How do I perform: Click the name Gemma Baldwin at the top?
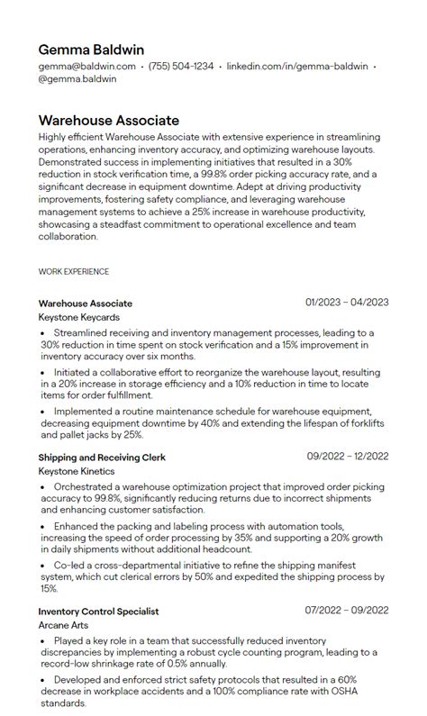coord(91,50)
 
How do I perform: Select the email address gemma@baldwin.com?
coord(87,66)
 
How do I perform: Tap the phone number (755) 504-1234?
coord(181,66)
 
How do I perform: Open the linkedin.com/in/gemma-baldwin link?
coord(296,66)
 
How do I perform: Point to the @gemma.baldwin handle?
coord(77,78)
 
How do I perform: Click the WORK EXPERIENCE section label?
coord(74,271)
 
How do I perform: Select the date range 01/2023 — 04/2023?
coord(347,303)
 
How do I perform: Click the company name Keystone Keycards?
coord(79,318)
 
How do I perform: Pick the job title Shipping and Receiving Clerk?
coord(102,458)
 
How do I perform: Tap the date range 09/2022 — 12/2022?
coord(347,457)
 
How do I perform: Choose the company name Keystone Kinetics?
coord(77,471)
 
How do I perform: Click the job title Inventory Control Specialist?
coord(98,611)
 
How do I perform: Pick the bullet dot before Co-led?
coord(43,565)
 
